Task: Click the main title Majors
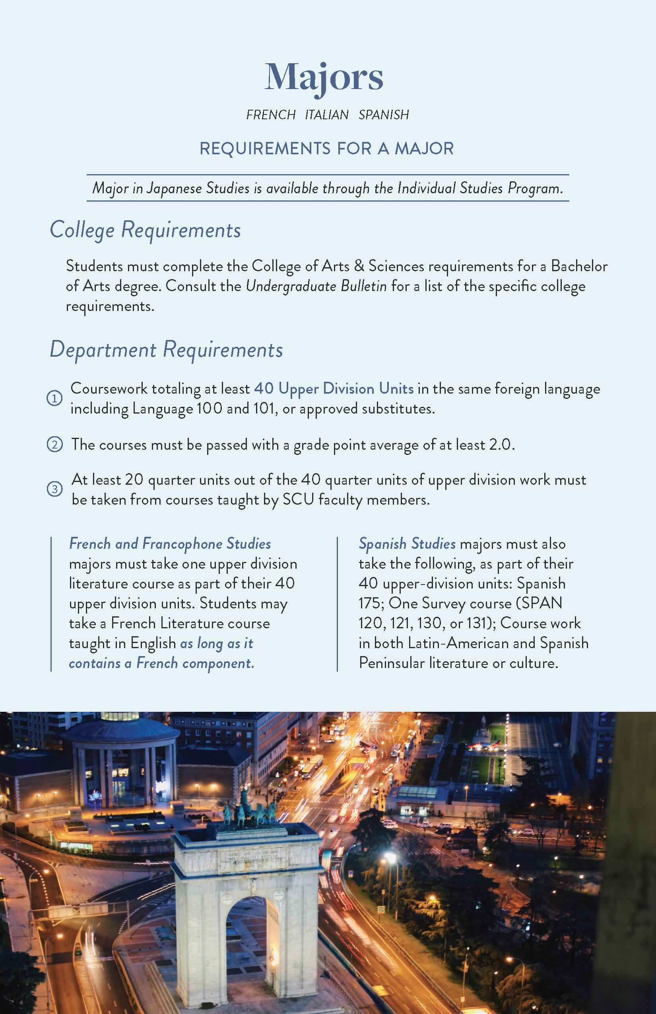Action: pyautogui.click(x=324, y=78)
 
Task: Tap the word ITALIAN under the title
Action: pyautogui.click(x=327, y=115)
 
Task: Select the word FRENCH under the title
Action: pyautogui.click(x=271, y=115)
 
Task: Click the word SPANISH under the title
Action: pyautogui.click(x=383, y=115)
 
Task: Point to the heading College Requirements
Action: pyautogui.click(x=145, y=231)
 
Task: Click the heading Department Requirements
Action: pyautogui.click(x=166, y=350)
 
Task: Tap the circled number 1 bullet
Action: pyautogui.click(x=54, y=398)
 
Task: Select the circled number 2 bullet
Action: pyautogui.click(x=54, y=445)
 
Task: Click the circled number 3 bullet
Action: pyautogui.click(x=54, y=489)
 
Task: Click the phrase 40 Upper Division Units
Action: pyautogui.click(x=334, y=389)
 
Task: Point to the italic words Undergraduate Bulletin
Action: pyautogui.click(x=316, y=286)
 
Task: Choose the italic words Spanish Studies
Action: pyautogui.click(x=407, y=544)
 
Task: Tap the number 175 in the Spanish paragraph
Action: pyautogui.click(x=371, y=603)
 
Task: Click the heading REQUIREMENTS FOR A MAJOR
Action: pyautogui.click(x=327, y=149)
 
